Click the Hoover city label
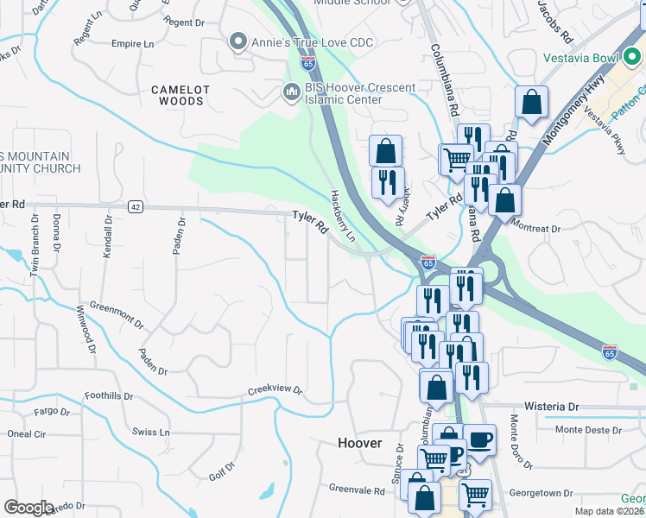coord(359,443)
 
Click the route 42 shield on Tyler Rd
coord(135,206)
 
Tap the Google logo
coord(28,508)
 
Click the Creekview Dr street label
coord(275,390)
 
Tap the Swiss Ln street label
coord(151,431)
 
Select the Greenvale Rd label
coord(357,489)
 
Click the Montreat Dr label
coord(537,229)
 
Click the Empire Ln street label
coord(132,43)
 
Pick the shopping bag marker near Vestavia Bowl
coord(531,101)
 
